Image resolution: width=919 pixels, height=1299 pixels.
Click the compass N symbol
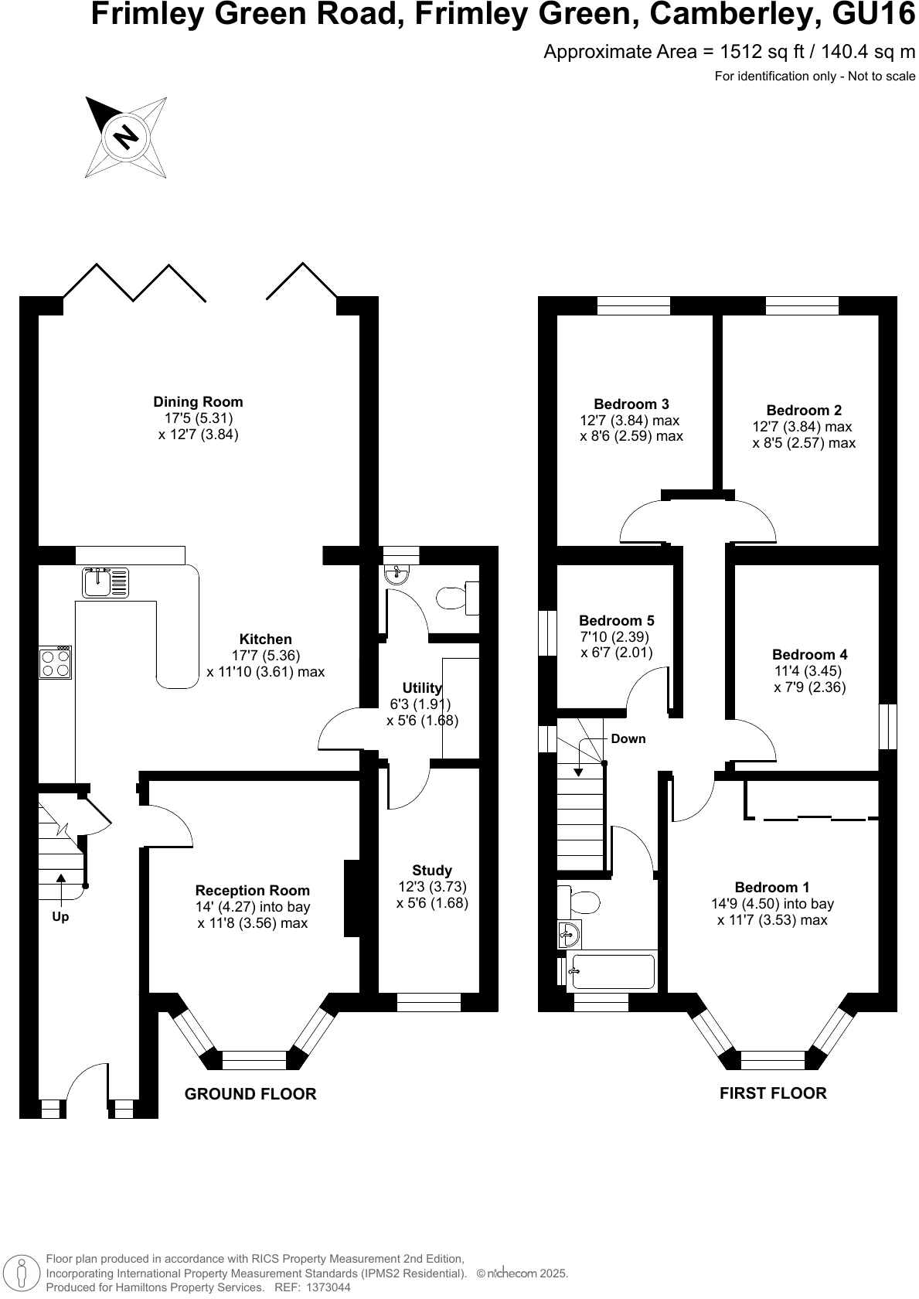coord(126,138)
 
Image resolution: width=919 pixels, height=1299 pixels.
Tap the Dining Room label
coord(198,402)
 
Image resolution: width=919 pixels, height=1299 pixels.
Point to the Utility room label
coord(422,688)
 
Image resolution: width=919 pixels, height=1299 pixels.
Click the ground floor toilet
coord(454,598)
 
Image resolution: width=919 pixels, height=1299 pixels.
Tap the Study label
coord(432,871)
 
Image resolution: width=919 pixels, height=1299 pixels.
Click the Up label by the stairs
coord(60,917)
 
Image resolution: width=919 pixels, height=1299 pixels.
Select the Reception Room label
coord(252,891)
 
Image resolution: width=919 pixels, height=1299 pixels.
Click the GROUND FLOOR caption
coord(250,1094)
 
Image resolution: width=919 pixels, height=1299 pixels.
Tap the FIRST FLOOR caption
coord(773,1093)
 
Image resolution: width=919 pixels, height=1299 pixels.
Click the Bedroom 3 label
coord(631,404)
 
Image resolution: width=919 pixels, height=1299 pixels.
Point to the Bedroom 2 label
coord(804,411)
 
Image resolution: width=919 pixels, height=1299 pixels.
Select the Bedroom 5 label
coord(616,621)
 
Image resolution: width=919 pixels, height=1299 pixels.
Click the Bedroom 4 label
coord(809,655)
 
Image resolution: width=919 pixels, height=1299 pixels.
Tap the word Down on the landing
coord(628,738)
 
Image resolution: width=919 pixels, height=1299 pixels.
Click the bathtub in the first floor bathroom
coord(612,972)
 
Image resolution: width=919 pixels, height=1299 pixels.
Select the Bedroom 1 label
coord(772,888)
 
